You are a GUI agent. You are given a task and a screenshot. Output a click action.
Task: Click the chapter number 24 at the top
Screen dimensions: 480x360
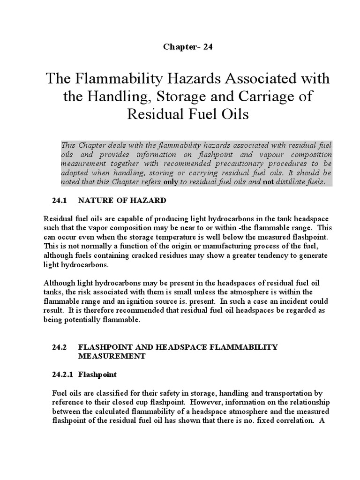click(x=208, y=47)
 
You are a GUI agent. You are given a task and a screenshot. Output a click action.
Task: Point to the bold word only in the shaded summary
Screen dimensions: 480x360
click(x=170, y=182)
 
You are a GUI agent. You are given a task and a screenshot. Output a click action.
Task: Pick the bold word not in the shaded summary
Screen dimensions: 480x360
click(x=268, y=182)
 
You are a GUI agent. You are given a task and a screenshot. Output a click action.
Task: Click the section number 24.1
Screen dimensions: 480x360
click(x=60, y=201)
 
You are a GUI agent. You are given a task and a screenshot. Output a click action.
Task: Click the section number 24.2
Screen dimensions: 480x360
click(x=60, y=347)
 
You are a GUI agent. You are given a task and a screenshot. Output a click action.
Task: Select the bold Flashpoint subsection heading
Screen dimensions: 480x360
click(x=97, y=375)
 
